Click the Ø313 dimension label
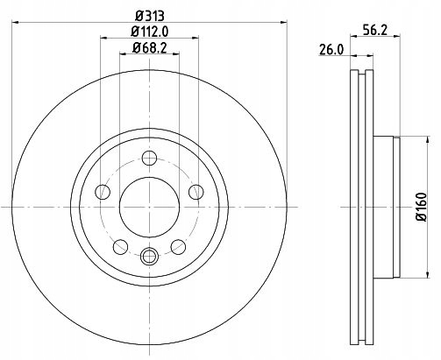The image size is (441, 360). coord(150,16)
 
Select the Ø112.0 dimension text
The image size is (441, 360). coord(150,32)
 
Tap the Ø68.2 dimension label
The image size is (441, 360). coord(150,47)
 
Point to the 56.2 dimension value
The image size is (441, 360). coord(375,30)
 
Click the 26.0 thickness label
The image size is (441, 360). coord(331,50)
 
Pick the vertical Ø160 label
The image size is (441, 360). coord(422,207)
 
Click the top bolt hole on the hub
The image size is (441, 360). coord(150,158)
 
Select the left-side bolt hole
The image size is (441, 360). coord(103,192)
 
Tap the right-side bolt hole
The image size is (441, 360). coord(196,192)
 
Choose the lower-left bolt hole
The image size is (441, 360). coord(120,247)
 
